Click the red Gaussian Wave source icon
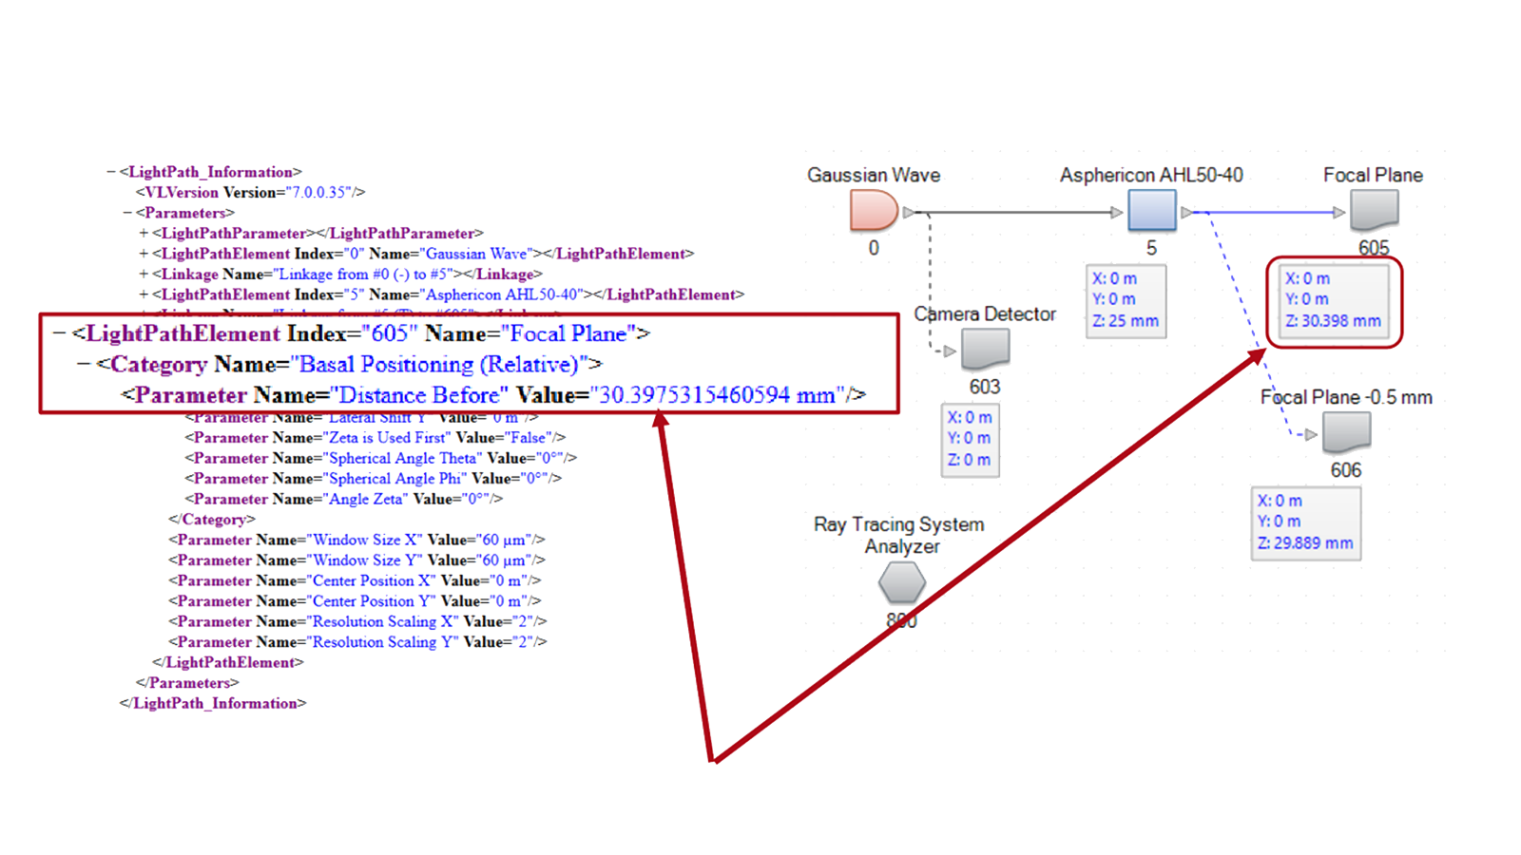click(873, 211)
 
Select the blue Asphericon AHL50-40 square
click(1151, 210)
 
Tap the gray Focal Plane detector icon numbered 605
click(1374, 210)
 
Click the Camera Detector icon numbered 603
click(985, 350)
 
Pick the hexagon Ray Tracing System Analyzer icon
click(901, 582)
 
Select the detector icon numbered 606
click(1346, 433)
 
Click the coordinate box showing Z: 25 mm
click(1126, 300)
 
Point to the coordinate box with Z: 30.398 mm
click(1333, 300)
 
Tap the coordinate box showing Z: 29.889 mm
click(1305, 522)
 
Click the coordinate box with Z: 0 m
click(969, 439)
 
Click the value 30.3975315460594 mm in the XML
click(717, 395)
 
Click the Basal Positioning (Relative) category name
click(438, 365)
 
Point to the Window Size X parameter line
click(356, 540)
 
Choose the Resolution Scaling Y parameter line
click(357, 642)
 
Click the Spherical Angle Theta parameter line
click(380, 458)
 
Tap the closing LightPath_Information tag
click(213, 704)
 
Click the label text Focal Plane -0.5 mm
click(1345, 397)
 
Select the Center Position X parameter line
click(355, 580)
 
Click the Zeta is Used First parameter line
click(375, 438)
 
